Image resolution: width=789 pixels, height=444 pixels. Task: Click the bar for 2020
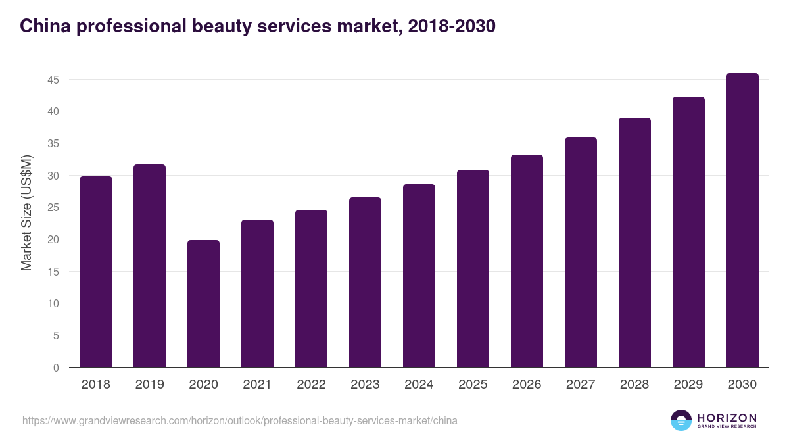pos(203,304)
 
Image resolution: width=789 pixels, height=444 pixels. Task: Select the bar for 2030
pos(742,220)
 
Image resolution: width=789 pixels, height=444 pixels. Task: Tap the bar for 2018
pos(96,272)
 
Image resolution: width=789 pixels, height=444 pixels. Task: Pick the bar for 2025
pos(473,268)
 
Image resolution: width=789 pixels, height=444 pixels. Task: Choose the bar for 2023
pos(365,282)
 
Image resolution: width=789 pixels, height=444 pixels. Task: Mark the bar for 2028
pos(634,243)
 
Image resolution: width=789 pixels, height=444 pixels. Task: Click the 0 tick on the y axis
pos(57,368)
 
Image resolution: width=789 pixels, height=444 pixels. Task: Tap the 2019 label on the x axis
pos(150,385)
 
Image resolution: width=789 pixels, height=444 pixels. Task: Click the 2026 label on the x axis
pos(527,385)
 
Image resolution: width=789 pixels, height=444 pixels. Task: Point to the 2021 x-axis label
pos(257,385)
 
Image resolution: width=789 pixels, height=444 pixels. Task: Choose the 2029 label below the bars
pos(688,385)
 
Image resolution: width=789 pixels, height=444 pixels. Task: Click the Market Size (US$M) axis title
pos(27,212)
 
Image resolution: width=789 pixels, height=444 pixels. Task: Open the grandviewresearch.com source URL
pos(240,420)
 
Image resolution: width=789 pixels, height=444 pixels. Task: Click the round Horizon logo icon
pos(681,420)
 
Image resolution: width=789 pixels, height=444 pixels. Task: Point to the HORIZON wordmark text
pos(727,418)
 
